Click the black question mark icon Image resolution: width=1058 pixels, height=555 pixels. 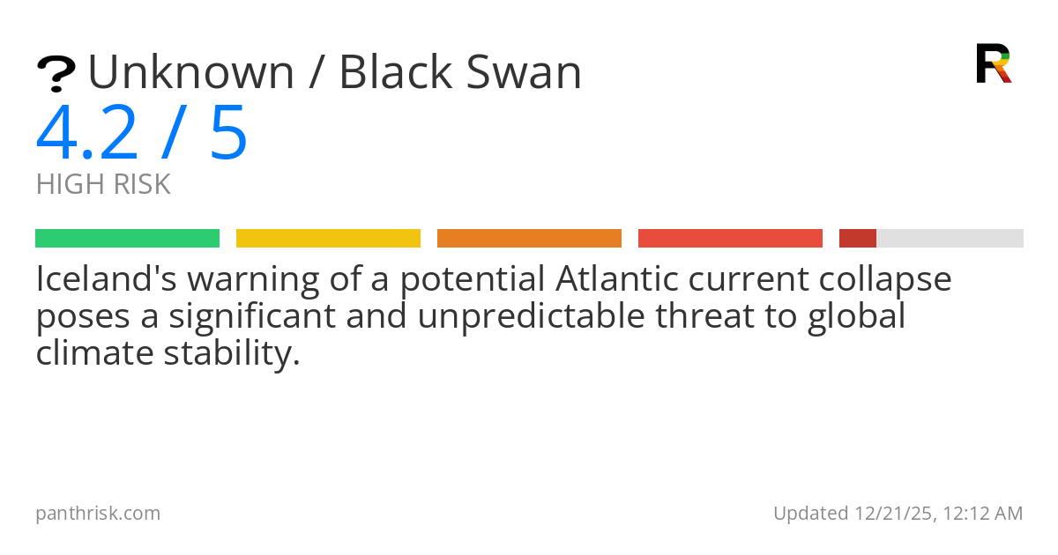56,74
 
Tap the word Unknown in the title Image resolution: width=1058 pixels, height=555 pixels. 190,72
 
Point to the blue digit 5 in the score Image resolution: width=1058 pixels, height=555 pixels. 228,133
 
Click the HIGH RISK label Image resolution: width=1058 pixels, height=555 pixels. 103,184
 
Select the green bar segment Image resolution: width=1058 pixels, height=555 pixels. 127,238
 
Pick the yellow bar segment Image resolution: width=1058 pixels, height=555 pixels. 328,238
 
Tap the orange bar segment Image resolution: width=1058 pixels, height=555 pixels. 529,238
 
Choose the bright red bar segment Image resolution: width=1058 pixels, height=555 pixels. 730,238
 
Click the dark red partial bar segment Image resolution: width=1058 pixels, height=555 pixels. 857,238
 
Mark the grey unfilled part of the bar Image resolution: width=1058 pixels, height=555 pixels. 950,238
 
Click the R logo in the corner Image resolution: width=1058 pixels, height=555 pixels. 993,63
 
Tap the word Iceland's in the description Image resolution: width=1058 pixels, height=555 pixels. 105,279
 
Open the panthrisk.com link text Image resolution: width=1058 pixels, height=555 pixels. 98,513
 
